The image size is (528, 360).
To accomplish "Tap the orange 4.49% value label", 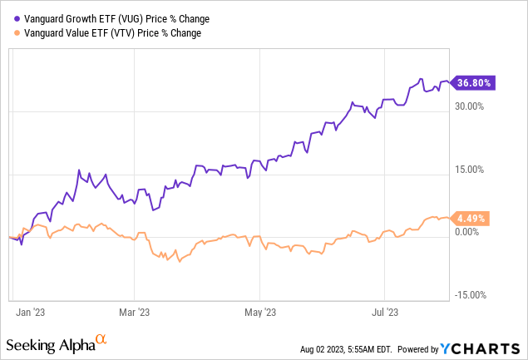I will (x=471, y=219).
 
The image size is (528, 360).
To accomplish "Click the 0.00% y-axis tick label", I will (x=471, y=232).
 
